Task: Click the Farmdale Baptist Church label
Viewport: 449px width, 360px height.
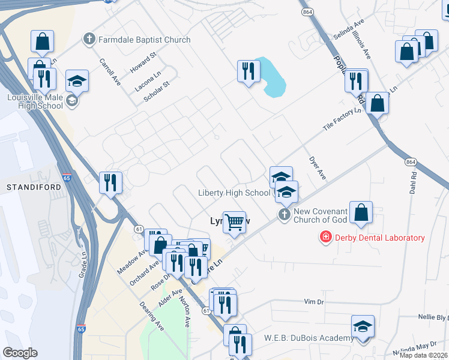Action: click(145, 40)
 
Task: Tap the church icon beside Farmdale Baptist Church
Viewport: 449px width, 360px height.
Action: click(89, 40)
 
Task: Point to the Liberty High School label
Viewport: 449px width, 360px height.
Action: click(234, 193)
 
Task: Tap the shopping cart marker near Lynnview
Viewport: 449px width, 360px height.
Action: click(235, 222)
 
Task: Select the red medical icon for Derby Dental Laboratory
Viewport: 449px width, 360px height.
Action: click(325, 238)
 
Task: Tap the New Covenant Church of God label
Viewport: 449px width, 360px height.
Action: click(321, 215)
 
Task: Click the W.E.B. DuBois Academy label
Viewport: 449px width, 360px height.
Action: click(309, 338)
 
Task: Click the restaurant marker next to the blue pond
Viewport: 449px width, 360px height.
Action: click(248, 72)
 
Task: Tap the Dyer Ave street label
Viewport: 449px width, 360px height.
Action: click(317, 168)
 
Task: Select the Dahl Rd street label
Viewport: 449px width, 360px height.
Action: click(414, 182)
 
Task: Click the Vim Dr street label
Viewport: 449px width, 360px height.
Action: click(314, 301)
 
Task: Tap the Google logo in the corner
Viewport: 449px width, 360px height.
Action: click(20, 353)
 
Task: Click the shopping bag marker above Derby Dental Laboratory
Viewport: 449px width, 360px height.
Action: click(361, 212)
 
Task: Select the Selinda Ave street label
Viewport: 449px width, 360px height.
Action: click(350, 29)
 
